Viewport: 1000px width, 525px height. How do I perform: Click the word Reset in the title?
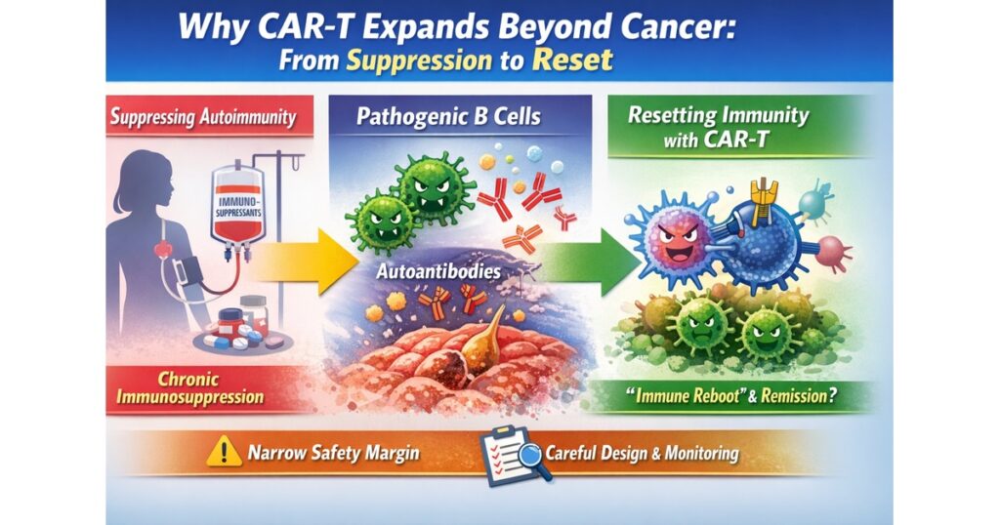pos(572,61)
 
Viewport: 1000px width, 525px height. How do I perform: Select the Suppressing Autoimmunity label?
pos(203,117)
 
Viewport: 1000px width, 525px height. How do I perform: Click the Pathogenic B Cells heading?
pos(448,116)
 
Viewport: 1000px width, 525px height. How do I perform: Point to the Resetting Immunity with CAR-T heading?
pos(719,127)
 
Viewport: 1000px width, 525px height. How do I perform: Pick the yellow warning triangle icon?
pos(224,451)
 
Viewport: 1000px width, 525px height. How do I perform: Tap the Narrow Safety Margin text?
pos(334,453)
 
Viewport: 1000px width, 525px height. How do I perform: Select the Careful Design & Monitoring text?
pos(642,453)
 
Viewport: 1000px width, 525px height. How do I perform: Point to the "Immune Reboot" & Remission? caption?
pos(727,395)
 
